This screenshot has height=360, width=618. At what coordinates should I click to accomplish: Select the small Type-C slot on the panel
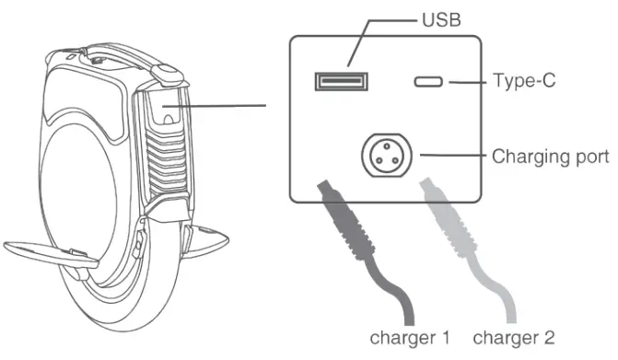pos(428,82)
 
